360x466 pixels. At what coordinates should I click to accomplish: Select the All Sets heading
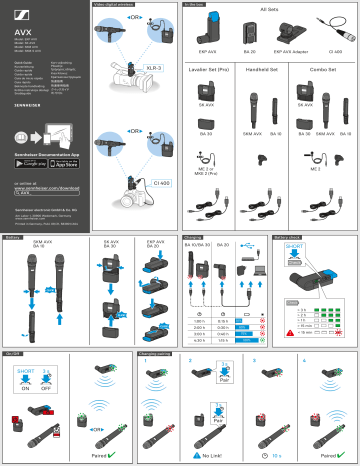pos(268,9)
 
